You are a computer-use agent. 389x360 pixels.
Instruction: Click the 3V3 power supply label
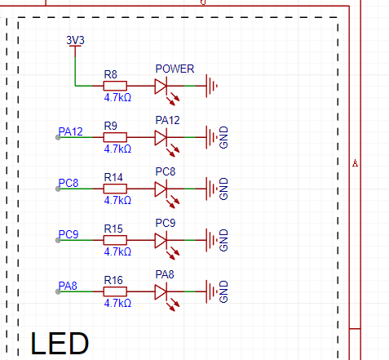[x=75, y=40]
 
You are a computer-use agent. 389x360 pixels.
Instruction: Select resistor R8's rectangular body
[x=115, y=86]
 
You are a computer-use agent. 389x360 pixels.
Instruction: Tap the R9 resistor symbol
[x=115, y=137]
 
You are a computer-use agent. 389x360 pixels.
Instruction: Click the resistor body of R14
[x=115, y=189]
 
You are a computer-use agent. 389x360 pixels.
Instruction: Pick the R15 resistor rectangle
[x=115, y=240]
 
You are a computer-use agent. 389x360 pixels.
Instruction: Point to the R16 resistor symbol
[x=115, y=291]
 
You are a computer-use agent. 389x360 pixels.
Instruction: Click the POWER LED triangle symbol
[x=161, y=86]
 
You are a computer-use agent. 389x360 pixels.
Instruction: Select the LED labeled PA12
[x=161, y=137]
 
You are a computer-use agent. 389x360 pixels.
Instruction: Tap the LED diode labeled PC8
[x=161, y=189]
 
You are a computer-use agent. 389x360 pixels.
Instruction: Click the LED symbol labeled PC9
[x=161, y=240]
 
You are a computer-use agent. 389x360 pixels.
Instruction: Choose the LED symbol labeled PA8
[x=161, y=291]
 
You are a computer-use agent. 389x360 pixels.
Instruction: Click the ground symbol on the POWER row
[x=211, y=86]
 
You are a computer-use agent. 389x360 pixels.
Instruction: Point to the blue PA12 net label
[x=70, y=131]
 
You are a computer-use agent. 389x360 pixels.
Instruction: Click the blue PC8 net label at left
[x=69, y=183]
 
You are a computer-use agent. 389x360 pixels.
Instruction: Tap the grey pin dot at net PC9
[x=58, y=240]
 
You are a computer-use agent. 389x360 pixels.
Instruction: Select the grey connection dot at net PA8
[x=58, y=291]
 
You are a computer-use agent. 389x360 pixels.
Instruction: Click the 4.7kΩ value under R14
[x=117, y=200]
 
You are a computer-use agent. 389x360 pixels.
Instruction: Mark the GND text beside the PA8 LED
[x=223, y=291]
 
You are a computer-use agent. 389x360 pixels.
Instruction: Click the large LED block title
[x=60, y=344]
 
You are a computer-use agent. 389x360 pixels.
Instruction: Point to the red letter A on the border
[x=355, y=163]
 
